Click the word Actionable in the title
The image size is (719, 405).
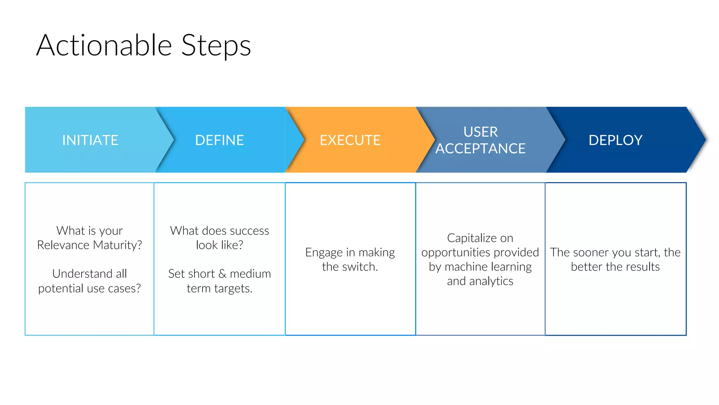(x=104, y=46)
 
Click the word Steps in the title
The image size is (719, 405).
(x=216, y=46)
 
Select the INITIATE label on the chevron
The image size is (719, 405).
(x=90, y=140)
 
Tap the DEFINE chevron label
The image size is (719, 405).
(x=219, y=140)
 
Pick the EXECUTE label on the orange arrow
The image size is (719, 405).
(x=350, y=140)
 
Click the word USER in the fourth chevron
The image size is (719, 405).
(x=480, y=132)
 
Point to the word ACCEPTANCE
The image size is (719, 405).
(x=480, y=149)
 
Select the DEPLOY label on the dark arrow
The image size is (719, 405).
(x=615, y=140)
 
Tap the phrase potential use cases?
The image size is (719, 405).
(x=90, y=288)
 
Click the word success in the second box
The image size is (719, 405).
(x=249, y=231)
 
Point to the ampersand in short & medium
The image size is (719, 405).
(x=222, y=274)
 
